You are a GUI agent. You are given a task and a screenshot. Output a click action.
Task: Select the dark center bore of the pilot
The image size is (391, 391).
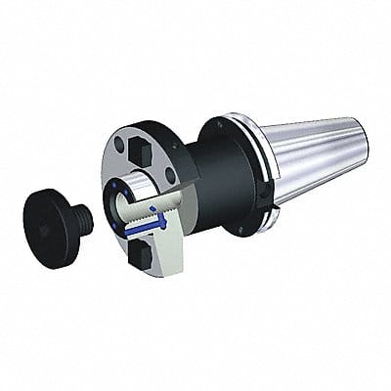point(133,200)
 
